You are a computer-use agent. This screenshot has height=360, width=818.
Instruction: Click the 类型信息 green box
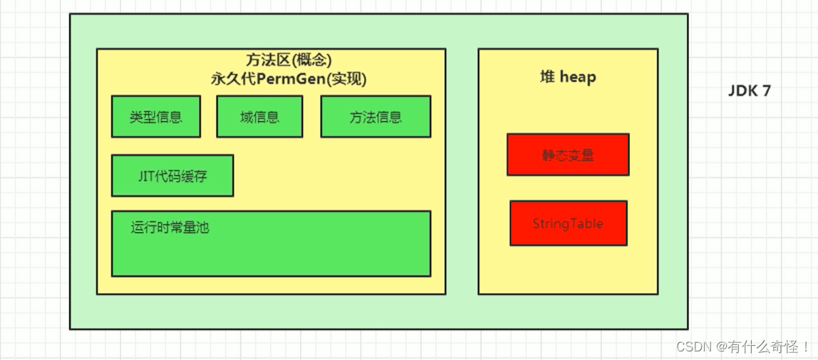coord(155,117)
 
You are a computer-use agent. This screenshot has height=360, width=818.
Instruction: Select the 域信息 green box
coord(259,117)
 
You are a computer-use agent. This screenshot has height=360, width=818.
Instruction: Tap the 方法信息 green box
coord(376,117)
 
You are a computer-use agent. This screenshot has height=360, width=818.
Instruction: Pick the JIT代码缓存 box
coord(172,175)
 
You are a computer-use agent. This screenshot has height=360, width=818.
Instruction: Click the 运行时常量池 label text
coord(170,228)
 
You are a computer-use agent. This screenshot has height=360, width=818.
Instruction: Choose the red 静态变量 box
coord(568,155)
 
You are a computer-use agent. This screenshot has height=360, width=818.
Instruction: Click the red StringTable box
coord(568,223)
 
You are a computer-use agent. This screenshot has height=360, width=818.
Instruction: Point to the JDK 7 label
coord(749,91)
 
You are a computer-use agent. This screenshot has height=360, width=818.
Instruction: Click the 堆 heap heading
coord(568,77)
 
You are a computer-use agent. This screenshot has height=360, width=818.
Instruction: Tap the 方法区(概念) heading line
coord(289,61)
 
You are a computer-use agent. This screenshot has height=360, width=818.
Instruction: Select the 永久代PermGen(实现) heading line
coord(289,79)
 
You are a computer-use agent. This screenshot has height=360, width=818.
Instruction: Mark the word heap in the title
coord(578,77)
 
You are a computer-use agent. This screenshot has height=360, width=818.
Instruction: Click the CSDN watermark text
coord(695,347)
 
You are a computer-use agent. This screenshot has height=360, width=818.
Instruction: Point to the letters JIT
coord(147,175)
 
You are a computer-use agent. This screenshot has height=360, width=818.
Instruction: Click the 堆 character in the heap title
coord(547,77)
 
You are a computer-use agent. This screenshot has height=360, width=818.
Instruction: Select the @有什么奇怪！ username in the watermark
coord(763,347)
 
